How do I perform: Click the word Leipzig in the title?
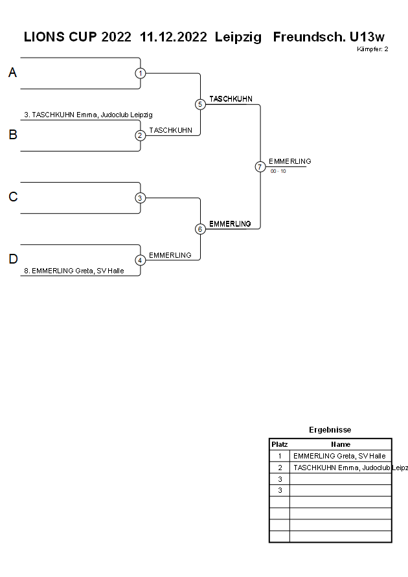(x=238, y=38)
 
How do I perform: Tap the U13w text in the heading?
(x=367, y=37)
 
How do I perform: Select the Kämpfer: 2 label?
(x=372, y=49)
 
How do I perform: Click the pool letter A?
(x=12, y=73)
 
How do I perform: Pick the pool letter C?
(x=13, y=197)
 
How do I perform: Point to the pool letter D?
(x=13, y=259)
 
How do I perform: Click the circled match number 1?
(x=140, y=73)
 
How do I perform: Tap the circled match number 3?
(x=140, y=198)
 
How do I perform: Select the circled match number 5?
(x=200, y=104)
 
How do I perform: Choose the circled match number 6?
(x=200, y=229)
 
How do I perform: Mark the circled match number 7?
(x=260, y=166)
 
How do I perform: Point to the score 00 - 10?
(x=278, y=171)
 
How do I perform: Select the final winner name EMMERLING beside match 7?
(x=290, y=161)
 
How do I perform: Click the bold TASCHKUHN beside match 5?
(x=231, y=98)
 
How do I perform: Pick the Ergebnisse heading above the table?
(x=330, y=430)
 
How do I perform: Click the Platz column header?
(x=280, y=444)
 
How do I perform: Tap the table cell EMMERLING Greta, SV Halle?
(x=339, y=456)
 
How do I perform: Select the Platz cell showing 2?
(x=280, y=468)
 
